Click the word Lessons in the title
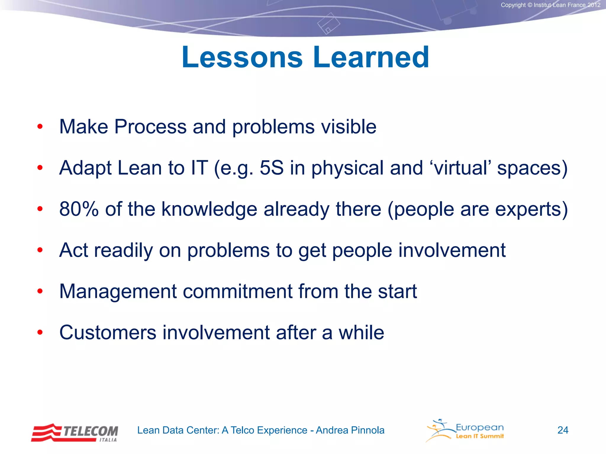242,57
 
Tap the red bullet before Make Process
40,127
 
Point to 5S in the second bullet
271,168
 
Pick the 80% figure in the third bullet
79,209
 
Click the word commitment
237,291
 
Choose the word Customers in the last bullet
108,333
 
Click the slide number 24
563,430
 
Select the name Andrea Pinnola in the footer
350,430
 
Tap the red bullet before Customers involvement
40,333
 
